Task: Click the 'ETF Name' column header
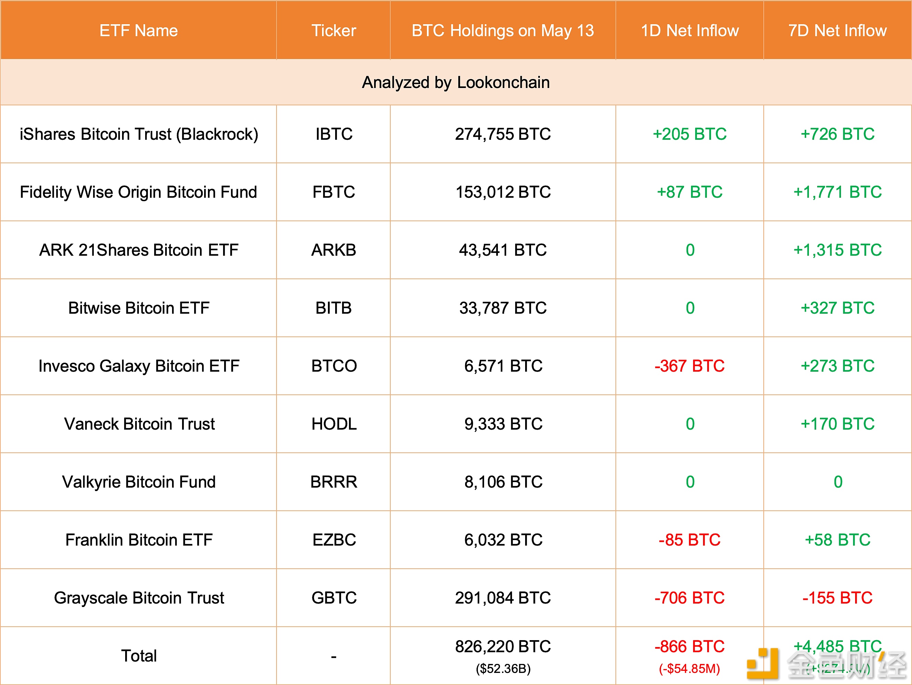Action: coord(139,30)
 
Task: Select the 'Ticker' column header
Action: coord(333,30)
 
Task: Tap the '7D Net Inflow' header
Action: coord(838,30)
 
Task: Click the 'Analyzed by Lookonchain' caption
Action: coord(455,82)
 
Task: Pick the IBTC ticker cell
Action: coord(333,134)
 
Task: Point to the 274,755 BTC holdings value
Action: coord(503,134)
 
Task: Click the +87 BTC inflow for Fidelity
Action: coord(689,192)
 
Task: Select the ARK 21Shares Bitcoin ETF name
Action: coord(139,250)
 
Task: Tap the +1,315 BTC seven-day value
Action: coord(838,250)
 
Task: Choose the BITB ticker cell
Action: coord(333,308)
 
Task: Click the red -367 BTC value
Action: coord(689,366)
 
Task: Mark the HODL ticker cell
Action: coord(333,424)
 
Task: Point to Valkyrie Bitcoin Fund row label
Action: coord(139,482)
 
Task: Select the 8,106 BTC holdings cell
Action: coord(503,482)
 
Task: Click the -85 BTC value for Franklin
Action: coord(689,540)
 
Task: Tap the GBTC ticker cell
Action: coord(333,598)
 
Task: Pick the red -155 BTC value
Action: coord(838,598)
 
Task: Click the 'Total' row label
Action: coord(139,656)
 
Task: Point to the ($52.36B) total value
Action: coord(503,668)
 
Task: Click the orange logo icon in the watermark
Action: coord(763,664)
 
